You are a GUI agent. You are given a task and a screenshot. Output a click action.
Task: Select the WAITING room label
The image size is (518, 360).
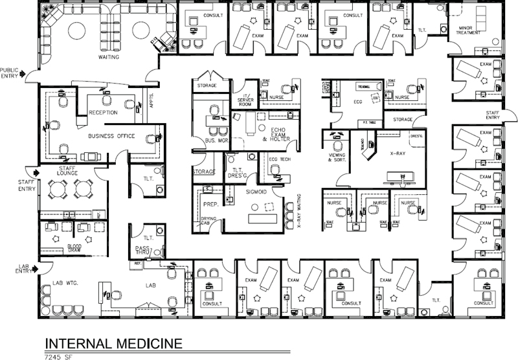point(108,57)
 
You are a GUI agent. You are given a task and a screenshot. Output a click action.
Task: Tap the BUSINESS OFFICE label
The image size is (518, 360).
point(111,136)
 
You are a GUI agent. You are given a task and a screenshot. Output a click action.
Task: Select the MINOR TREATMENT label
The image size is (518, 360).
point(471,31)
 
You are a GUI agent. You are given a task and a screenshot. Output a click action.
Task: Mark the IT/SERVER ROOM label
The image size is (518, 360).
point(245,91)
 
